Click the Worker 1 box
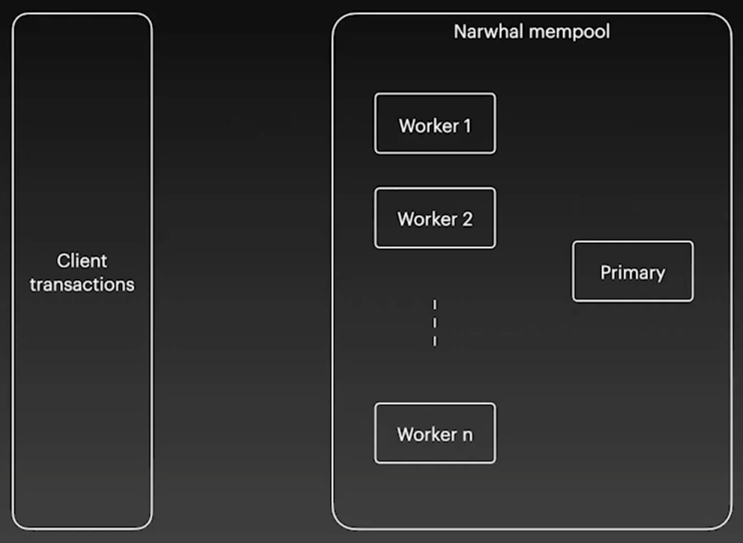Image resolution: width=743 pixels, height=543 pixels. [x=435, y=124]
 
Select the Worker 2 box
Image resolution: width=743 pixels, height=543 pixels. [x=435, y=217]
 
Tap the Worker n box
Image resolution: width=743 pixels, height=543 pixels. [x=435, y=433]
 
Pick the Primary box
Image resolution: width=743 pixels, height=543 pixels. [x=633, y=271]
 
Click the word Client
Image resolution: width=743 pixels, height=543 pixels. [x=82, y=261]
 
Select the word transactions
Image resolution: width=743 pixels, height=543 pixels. [x=82, y=285]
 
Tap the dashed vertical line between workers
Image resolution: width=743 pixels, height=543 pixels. [x=435, y=323]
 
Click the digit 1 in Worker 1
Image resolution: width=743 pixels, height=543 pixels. [x=467, y=125]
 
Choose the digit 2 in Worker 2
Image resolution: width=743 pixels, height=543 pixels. [x=467, y=219]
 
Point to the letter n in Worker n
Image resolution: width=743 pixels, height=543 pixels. [x=467, y=434]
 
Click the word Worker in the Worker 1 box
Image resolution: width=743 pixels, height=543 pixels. [x=428, y=125]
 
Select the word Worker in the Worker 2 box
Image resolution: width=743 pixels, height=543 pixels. [x=426, y=219]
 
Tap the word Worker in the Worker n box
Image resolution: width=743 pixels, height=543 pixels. [x=426, y=434]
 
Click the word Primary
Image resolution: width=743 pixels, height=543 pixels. [x=633, y=272]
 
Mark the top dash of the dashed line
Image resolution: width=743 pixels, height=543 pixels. [x=435, y=304]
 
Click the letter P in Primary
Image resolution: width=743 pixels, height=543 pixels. [x=606, y=271]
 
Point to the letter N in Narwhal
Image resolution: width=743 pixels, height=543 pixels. [x=459, y=31]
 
